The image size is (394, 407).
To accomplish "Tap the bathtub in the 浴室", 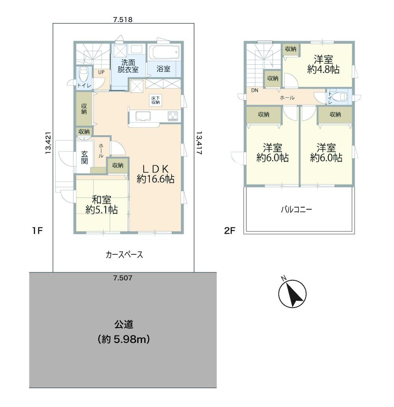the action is [166, 53].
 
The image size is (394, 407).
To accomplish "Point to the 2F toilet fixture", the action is [339, 97].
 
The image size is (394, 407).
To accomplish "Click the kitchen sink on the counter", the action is [142, 116].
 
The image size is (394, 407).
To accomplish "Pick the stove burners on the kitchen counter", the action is [173, 116].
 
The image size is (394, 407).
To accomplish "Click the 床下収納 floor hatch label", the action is [156, 100].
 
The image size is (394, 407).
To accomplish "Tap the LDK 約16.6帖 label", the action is [155, 174].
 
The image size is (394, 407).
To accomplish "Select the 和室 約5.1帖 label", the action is [102, 205].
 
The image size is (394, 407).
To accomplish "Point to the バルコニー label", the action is [297, 210].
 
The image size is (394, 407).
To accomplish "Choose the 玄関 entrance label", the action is [84, 157].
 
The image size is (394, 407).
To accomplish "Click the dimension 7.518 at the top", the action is [123, 20].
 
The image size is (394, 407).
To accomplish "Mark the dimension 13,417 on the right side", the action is [199, 143].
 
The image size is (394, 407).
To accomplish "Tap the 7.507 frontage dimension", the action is [123, 278].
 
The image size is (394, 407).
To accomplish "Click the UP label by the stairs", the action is [101, 72].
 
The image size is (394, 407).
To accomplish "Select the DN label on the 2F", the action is [255, 90].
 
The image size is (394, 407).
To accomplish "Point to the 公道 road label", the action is [124, 324].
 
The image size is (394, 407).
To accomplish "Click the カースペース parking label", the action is [124, 255].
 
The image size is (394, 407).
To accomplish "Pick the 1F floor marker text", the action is [37, 231].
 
